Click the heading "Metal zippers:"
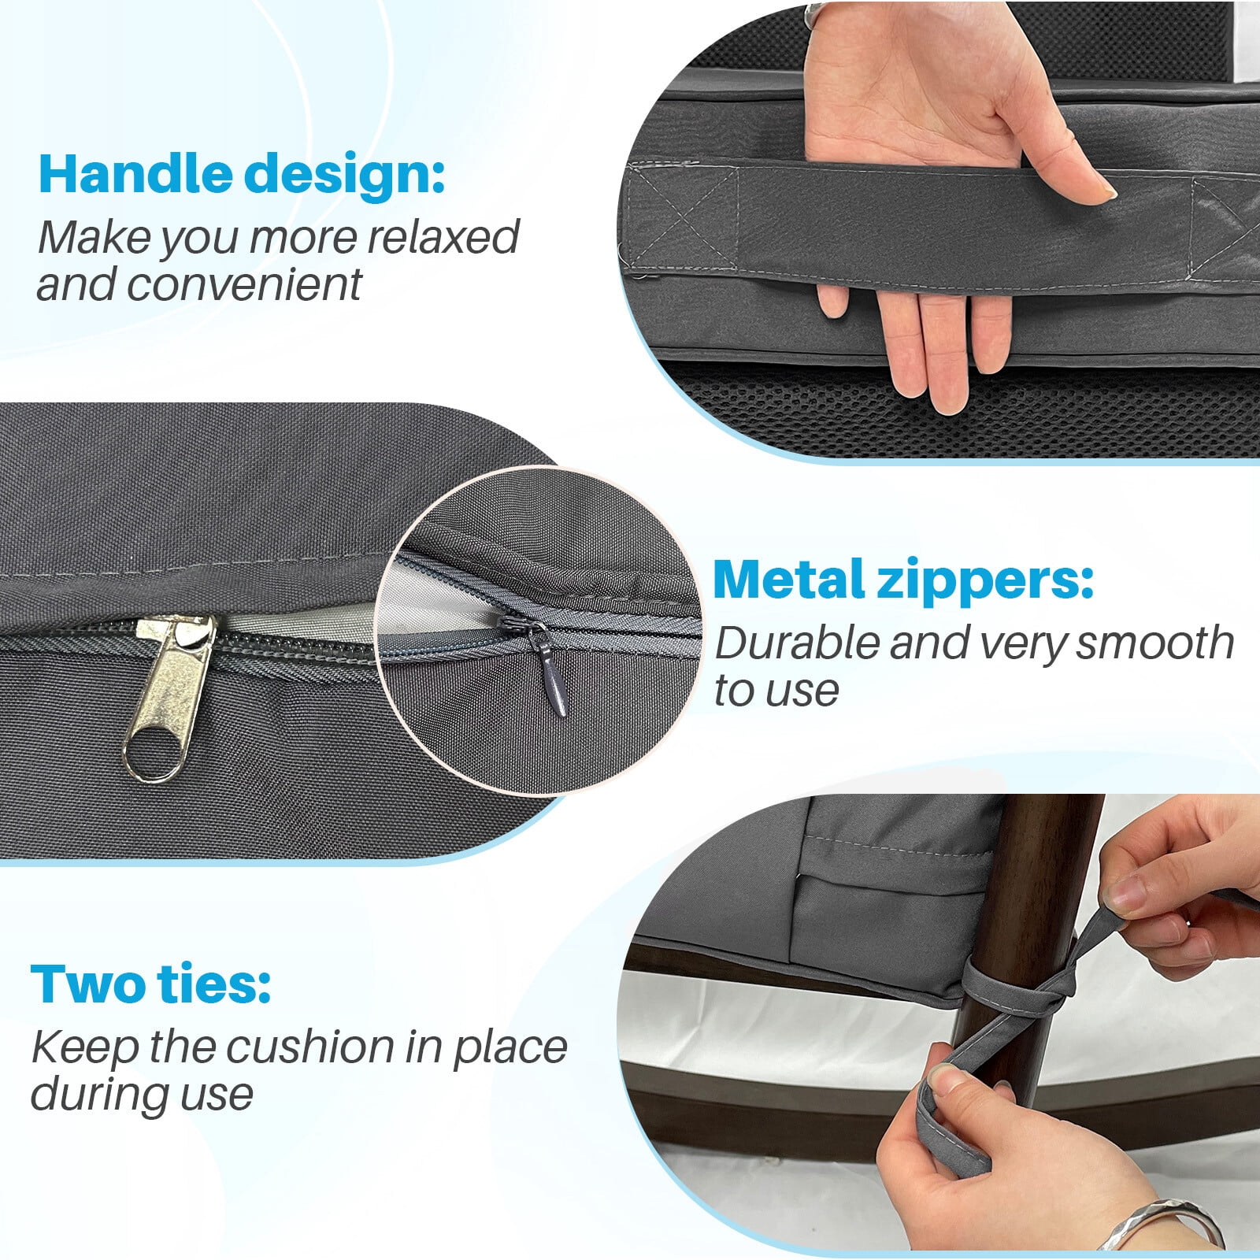click(x=903, y=580)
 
